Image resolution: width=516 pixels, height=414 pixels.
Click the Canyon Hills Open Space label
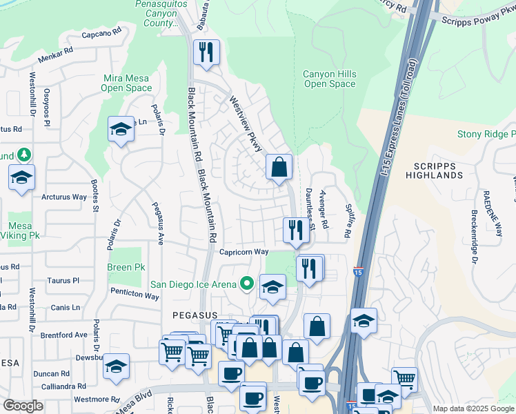(x=330, y=79)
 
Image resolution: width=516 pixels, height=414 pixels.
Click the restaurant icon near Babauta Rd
(x=206, y=52)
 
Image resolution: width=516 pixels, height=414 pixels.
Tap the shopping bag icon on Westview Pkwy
(x=279, y=167)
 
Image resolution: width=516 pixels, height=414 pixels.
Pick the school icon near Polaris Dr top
(x=121, y=129)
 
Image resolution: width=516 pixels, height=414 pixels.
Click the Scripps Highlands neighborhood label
(x=438, y=171)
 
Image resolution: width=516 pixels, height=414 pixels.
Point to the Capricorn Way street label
(x=244, y=252)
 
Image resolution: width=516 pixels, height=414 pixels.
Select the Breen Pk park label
(x=126, y=267)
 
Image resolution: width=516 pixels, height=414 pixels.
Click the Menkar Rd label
(x=57, y=51)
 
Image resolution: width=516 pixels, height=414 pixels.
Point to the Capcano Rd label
(x=101, y=32)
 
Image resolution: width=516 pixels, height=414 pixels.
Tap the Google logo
(x=23, y=406)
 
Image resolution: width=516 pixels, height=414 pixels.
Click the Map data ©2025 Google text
(x=473, y=408)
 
